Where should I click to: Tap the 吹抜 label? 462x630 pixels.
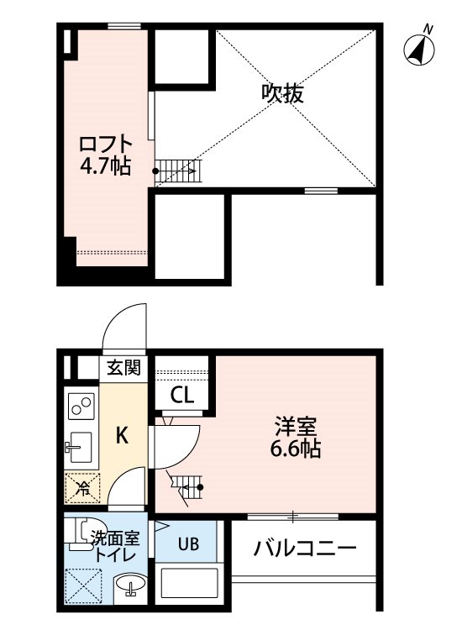(x=282, y=93)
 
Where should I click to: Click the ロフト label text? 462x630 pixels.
(x=106, y=144)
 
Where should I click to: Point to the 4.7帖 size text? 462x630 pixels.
(x=106, y=165)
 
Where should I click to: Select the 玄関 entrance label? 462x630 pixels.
(x=123, y=367)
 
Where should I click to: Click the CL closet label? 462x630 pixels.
(x=182, y=395)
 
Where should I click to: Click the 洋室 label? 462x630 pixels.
(x=296, y=427)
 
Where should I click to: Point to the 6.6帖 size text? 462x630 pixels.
(x=296, y=449)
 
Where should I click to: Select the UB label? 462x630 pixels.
(x=188, y=544)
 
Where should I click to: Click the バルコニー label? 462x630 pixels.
(x=305, y=548)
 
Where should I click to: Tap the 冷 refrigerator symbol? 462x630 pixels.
(x=82, y=488)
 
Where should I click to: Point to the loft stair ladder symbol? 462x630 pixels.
(x=176, y=171)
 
